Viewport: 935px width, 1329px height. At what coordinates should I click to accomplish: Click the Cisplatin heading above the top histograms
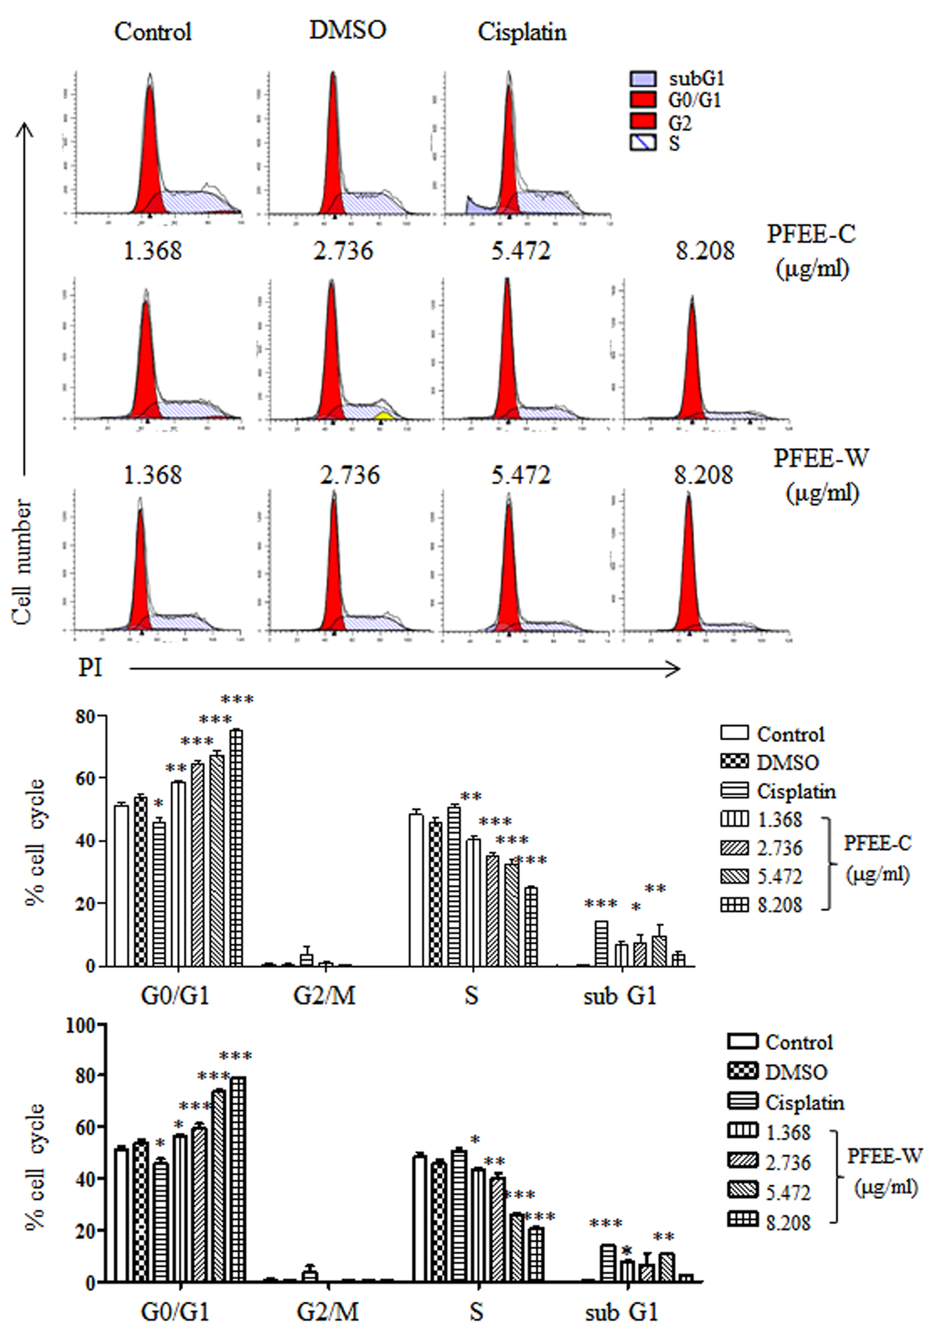click(522, 32)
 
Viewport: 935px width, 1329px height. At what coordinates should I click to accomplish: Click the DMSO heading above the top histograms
click(347, 30)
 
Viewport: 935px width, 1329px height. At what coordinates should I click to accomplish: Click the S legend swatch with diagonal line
click(643, 142)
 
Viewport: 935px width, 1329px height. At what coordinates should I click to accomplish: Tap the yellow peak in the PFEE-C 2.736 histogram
click(383, 415)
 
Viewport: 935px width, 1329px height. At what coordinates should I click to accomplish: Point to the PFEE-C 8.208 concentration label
click(704, 251)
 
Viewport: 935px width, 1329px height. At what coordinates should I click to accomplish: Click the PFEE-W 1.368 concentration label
click(152, 475)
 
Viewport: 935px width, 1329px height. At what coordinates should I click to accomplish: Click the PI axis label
click(90, 669)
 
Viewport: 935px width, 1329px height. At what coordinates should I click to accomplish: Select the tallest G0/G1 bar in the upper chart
click(236, 851)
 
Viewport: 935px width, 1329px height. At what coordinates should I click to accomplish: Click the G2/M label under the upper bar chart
click(324, 996)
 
